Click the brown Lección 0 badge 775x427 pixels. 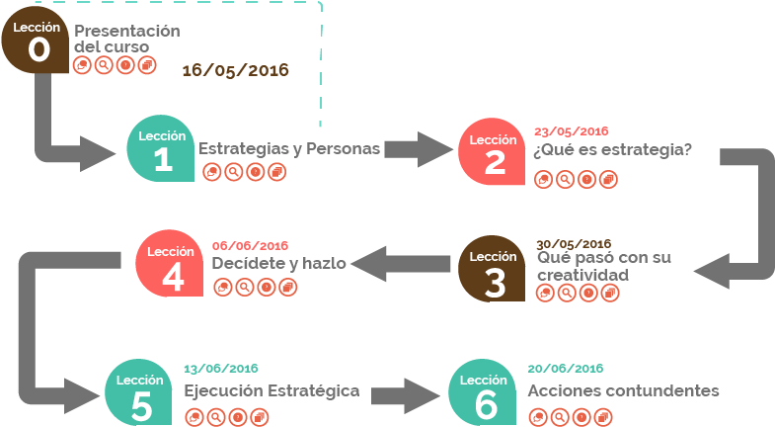(38, 43)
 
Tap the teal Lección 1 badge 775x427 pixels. (163, 152)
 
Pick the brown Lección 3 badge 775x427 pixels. (494, 271)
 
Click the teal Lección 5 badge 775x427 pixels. (141, 393)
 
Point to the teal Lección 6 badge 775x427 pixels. (484, 393)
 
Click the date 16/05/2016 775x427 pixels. (234, 70)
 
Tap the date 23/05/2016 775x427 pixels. (571, 131)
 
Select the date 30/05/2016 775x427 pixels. (574, 244)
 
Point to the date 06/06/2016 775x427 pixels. (250, 246)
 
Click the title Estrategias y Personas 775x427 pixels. (289, 149)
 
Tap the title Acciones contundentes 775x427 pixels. (623, 391)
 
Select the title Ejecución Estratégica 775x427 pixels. (271, 390)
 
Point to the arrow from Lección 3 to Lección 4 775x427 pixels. (400, 264)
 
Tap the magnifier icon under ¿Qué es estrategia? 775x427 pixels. (565, 179)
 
